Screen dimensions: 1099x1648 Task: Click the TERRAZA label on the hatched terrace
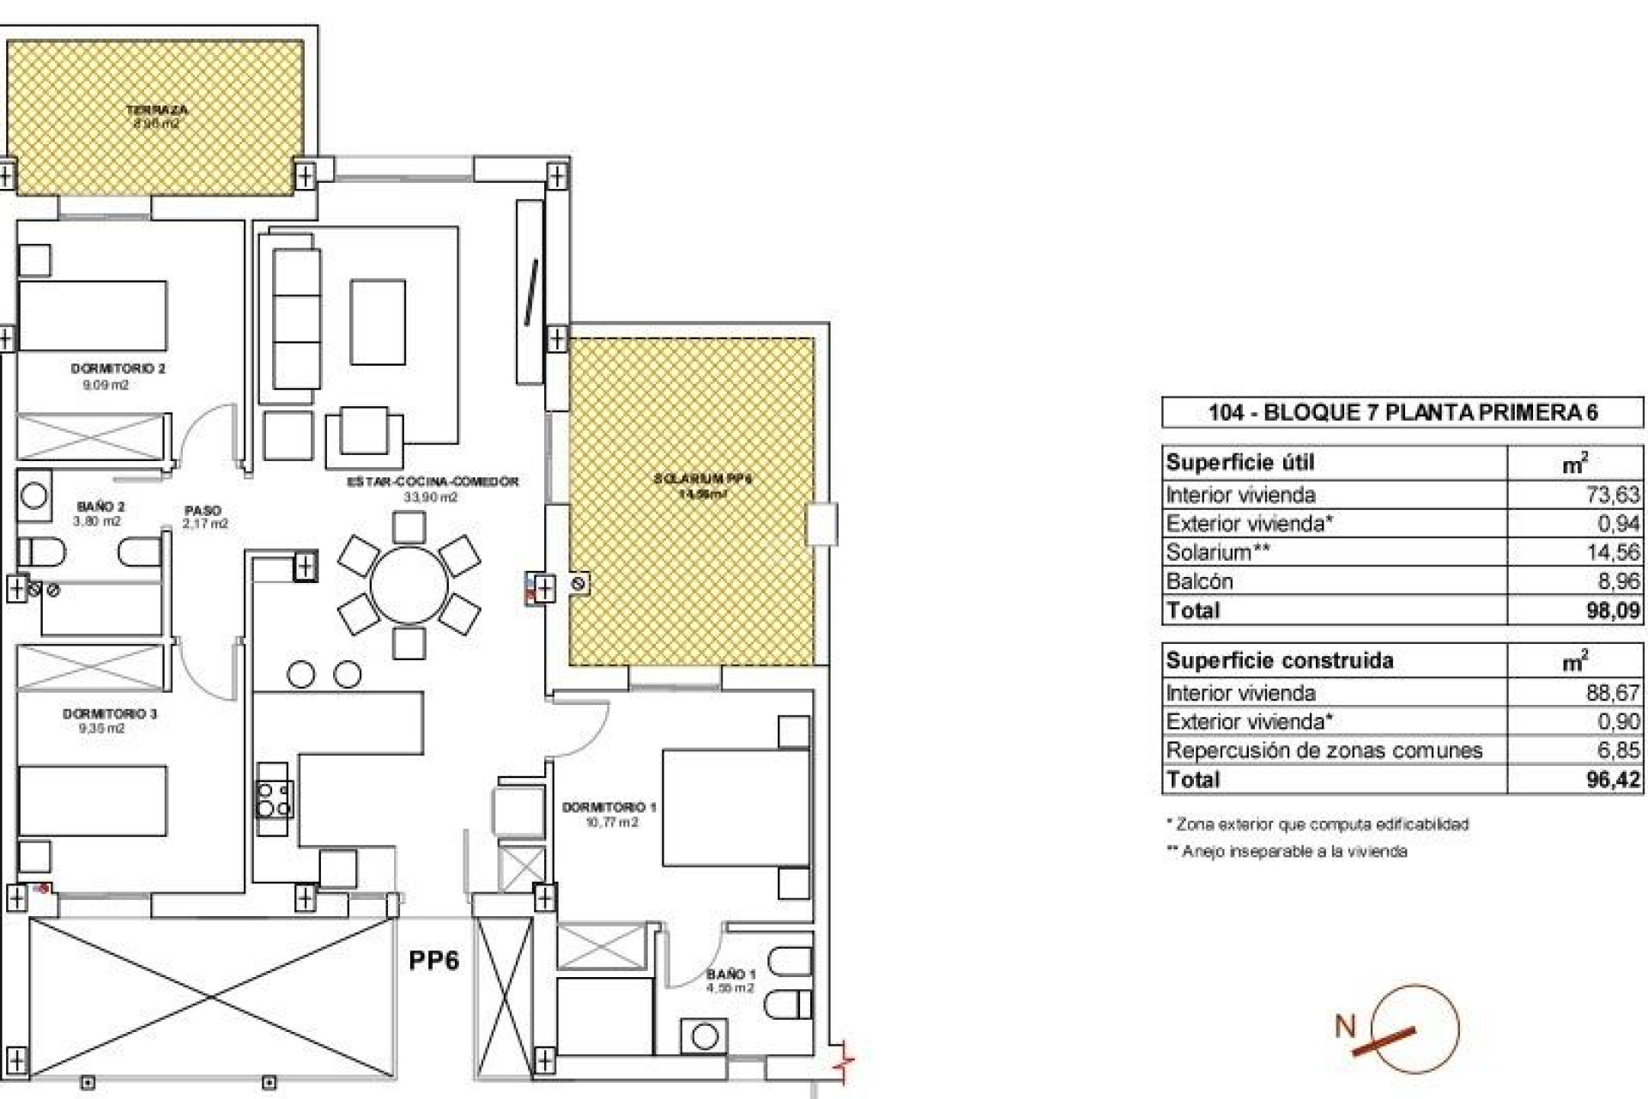156,110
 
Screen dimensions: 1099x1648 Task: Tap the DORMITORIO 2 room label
118,368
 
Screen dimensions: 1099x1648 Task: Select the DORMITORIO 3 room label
109,713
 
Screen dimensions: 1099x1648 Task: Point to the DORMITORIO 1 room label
609,807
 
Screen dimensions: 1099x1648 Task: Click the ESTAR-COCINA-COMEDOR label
433,482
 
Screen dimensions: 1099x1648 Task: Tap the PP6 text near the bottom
433,960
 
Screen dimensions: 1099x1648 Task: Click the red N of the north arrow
1345,1026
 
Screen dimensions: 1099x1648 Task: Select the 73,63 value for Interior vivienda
1613,495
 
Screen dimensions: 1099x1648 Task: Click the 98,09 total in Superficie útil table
1613,610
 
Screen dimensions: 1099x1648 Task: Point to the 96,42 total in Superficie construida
1613,780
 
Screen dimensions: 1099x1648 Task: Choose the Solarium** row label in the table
1217,552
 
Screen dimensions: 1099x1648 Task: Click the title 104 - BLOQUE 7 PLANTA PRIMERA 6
1403,412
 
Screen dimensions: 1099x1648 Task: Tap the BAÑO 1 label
730,974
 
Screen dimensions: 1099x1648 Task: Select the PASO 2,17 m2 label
204,516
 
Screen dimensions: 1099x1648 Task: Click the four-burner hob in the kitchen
274,798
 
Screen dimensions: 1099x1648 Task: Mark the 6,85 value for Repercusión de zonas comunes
1618,750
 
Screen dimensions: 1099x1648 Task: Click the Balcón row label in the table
1199,581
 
